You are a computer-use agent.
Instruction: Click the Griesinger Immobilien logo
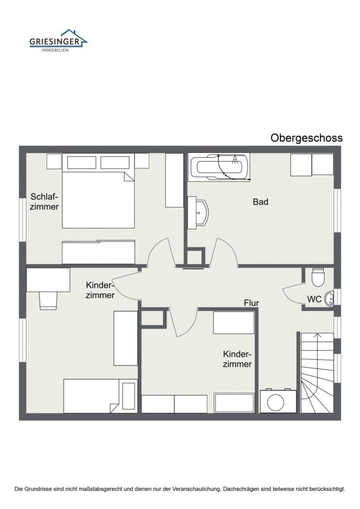click(x=58, y=41)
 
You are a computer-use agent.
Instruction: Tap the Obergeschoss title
click(x=306, y=138)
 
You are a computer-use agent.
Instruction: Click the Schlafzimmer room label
click(x=44, y=202)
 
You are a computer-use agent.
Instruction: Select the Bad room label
click(x=261, y=202)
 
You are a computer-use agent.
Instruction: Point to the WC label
click(x=314, y=299)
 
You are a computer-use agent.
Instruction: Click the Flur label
click(x=251, y=303)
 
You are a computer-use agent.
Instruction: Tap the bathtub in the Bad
click(x=219, y=167)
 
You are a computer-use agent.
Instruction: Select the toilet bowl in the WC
click(x=318, y=277)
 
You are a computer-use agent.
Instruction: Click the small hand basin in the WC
click(x=329, y=298)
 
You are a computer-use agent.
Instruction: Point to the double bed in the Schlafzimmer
click(x=99, y=190)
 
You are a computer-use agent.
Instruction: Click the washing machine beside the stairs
click(x=278, y=401)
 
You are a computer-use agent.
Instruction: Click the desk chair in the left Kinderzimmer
click(x=48, y=301)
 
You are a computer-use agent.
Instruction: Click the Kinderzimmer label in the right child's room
click(x=237, y=359)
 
